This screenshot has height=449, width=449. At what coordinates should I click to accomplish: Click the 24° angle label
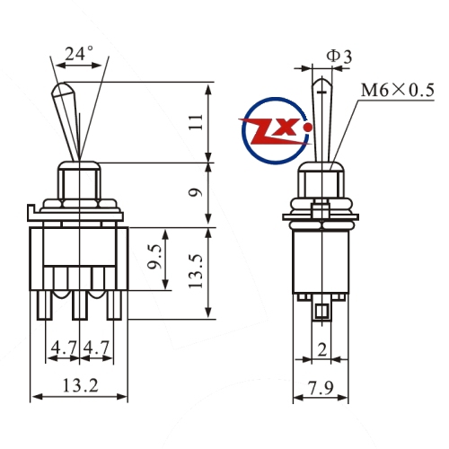pos(79,54)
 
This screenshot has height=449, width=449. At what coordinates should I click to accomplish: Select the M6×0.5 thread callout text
pos(397,90)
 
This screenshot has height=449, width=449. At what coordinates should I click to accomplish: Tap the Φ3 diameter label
pos(339,57)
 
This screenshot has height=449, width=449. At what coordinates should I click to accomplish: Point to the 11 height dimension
pos(196,121)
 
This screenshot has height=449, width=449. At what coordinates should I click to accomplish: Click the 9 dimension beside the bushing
pos(196,192)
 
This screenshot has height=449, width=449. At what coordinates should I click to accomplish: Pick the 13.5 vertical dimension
pos(196,271)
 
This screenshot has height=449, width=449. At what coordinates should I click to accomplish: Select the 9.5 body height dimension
pos(156,257)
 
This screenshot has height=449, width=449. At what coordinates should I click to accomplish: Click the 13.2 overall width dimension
pos(80,385)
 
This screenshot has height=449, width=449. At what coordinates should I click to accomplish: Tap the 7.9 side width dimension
pos(321,388)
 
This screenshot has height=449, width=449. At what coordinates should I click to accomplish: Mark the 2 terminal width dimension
pos(322,349)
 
